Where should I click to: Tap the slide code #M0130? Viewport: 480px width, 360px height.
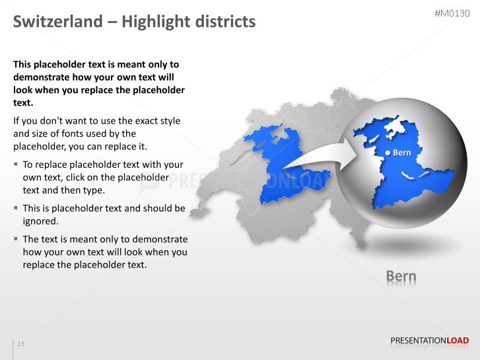453,13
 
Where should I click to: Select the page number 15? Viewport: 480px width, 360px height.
21,344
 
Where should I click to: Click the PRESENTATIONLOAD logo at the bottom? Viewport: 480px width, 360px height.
429,341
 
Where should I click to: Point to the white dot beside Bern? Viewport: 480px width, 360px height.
388,153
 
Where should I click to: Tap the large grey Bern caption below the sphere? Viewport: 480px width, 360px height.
401,275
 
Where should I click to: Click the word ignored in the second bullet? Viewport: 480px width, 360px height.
41,221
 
